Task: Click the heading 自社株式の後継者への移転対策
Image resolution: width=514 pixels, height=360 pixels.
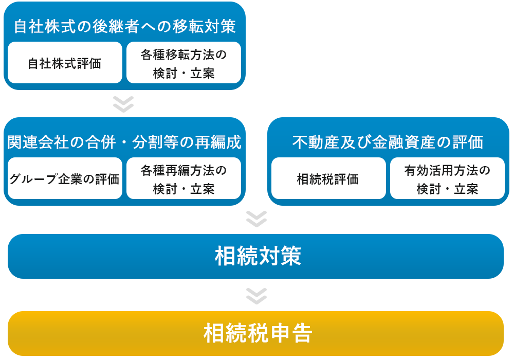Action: pos(124,27)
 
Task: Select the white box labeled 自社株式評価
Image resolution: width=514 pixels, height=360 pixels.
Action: pos(65,63)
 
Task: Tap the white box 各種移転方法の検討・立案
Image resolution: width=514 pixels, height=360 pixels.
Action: pos(183,63)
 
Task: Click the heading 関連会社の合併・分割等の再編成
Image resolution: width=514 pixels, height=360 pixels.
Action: pos(124,142)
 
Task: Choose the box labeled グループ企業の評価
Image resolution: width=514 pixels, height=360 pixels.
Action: pos(65,178)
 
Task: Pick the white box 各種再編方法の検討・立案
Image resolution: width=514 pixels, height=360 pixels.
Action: pos(183,178)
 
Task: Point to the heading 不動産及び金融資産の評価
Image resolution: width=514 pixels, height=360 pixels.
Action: pos(388,142)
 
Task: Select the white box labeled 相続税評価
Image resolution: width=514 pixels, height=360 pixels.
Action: pos(328,178)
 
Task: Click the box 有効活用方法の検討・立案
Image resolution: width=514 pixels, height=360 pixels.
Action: pos(447,178)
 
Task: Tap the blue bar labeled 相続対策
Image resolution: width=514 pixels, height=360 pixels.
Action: pos(255,257)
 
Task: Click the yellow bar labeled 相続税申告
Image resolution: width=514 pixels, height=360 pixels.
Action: pos(255,333)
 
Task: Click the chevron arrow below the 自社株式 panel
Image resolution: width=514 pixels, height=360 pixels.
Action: pos(123,104)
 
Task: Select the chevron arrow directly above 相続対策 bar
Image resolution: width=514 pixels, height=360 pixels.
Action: pos(256,219)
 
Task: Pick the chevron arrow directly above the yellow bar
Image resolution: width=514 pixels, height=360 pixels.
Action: pos(256,296)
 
